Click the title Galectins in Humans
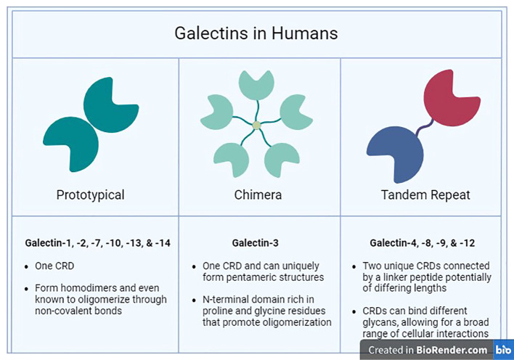[256, 33]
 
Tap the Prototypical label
[91, 195]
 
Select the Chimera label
[258, 195]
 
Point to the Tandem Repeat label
[425, 195]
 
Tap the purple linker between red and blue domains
[425, 127]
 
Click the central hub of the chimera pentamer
[257, 126]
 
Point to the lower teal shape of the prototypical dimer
[72, 144]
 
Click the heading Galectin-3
[255, 243]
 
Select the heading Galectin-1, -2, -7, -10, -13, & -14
[98, 243]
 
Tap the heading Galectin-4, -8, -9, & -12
[423, 243]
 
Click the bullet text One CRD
[54, 266]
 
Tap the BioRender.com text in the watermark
[452, 350]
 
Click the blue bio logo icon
[503, 350]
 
